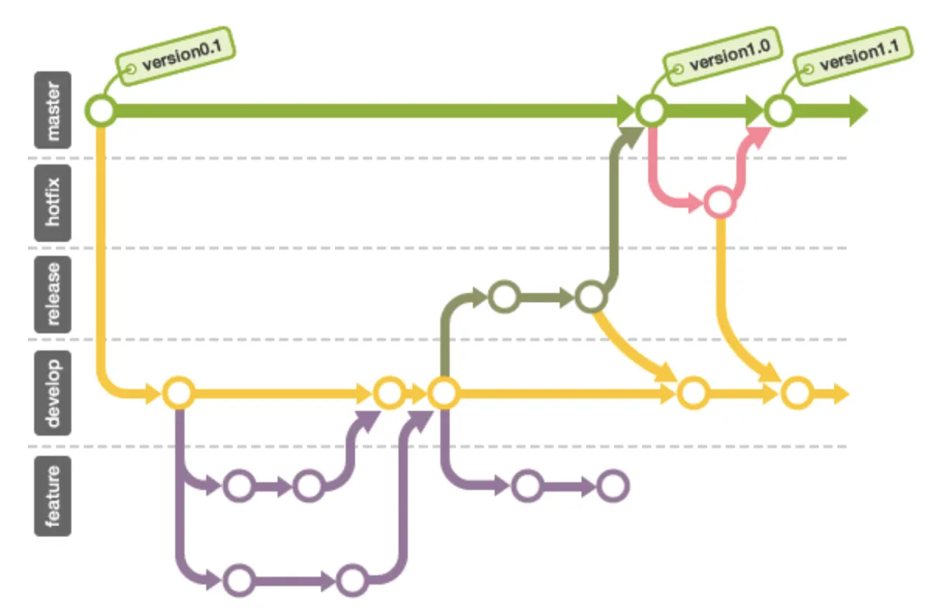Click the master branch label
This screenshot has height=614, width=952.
coord(52,110)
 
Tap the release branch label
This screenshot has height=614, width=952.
coord(52,294)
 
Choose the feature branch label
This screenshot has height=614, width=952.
coord(52,496)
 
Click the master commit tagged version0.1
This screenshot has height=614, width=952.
coord(101,111)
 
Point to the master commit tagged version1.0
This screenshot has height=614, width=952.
coord(651,111)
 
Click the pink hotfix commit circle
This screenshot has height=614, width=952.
coord(719,202)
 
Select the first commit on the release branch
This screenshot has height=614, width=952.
coord(504,295)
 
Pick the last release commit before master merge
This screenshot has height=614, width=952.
coord(590,296)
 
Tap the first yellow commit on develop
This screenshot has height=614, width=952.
coord(178,393)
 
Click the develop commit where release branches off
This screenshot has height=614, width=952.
coord(443,393)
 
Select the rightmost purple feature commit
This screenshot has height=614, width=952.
coord(612,486)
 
